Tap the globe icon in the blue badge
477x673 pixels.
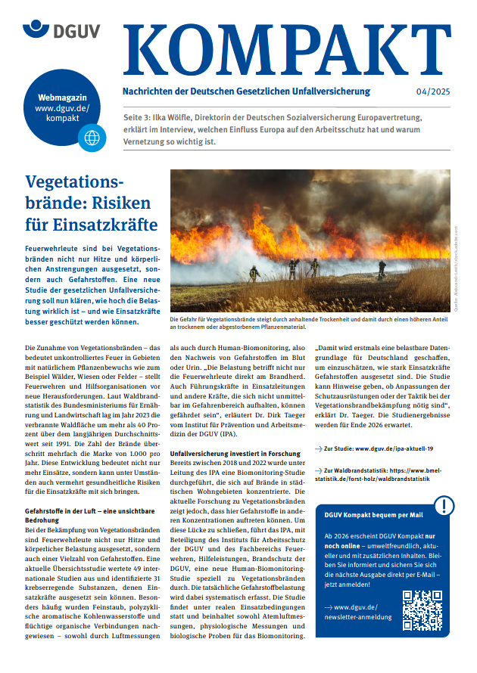click(x=92, y=137)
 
